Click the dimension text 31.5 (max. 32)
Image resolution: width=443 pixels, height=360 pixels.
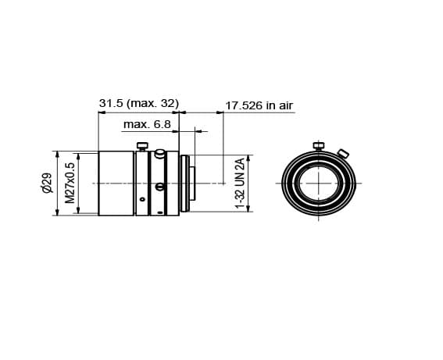139,103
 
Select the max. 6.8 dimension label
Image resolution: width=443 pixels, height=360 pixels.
146,124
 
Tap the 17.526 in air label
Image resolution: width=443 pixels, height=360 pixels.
259,105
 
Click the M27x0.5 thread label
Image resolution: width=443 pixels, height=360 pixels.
70,184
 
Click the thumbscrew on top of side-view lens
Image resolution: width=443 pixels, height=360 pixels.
142,146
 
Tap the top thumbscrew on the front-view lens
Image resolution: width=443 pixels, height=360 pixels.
318,145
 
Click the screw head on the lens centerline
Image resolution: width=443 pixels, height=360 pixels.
159,186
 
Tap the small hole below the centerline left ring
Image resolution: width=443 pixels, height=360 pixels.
142,200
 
